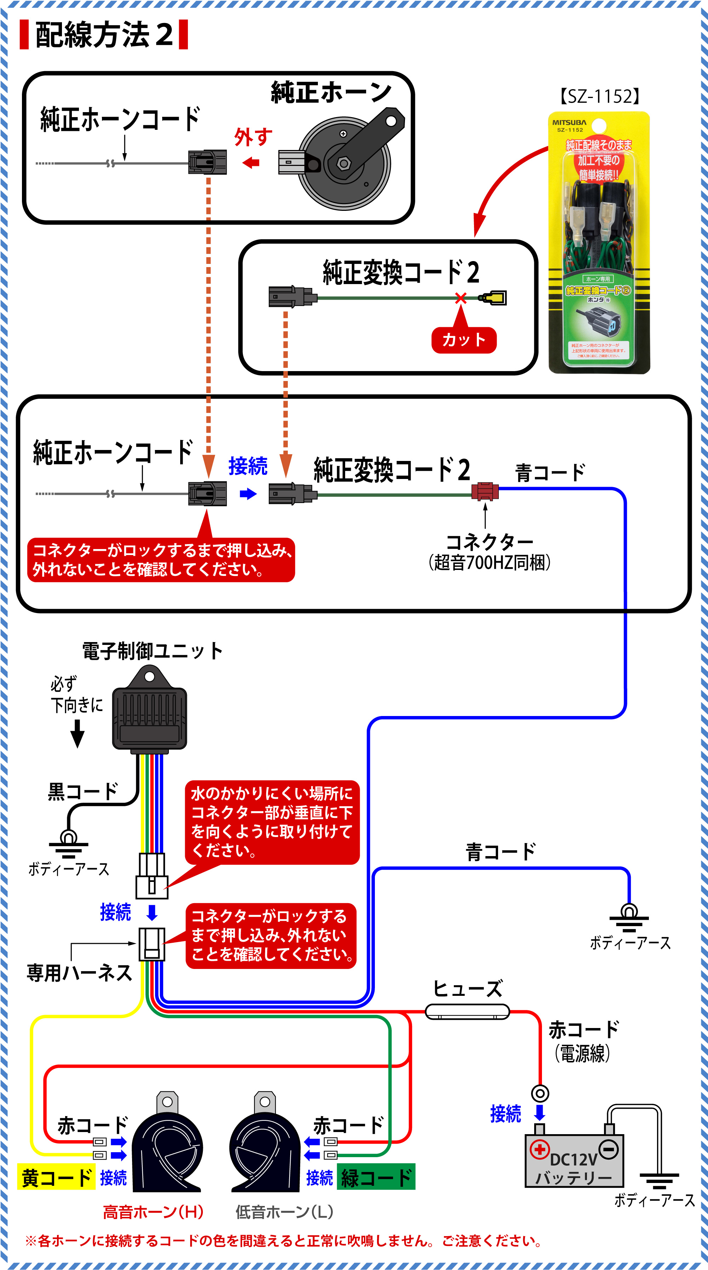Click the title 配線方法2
point(104,35)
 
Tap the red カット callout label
point(464,340)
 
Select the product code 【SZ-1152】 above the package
point(599,97)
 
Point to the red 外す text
point(253,137)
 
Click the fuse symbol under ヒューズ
point(467,1012)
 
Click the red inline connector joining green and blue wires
point(485,491)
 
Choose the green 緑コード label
point(376,1178)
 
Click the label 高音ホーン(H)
point(153,1212)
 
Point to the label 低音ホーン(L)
point(284,1212)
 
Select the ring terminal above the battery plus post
point(540,1093)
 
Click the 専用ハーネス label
point(79,973)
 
